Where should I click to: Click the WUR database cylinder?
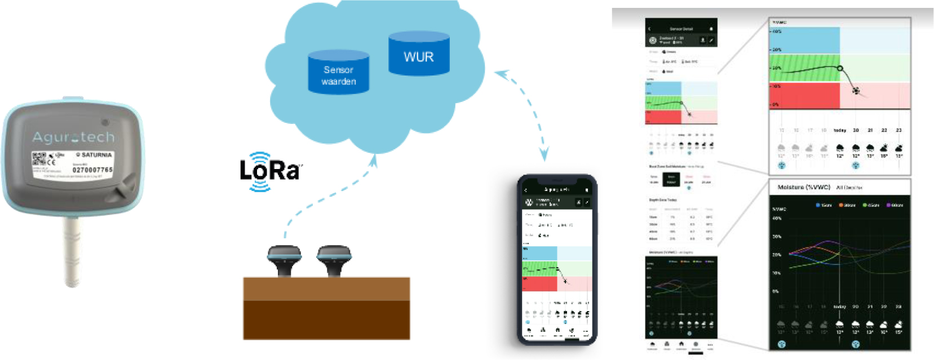[x=419, y=55]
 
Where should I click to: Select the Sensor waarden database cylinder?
[x=338, y=74]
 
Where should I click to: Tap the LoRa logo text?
[x=269, y=170]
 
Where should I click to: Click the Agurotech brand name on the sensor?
[x=73, y=137]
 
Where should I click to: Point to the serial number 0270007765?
[x=92, y=170]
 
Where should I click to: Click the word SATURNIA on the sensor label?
[x=96, y=154]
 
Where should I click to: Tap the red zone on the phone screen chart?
[x=539, y=283]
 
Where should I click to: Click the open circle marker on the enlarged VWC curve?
[x=840, y=68]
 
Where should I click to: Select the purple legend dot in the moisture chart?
[x=889, y=205]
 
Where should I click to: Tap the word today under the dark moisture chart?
[x=840, y=307]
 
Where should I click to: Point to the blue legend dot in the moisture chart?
[x=818, y=205]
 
